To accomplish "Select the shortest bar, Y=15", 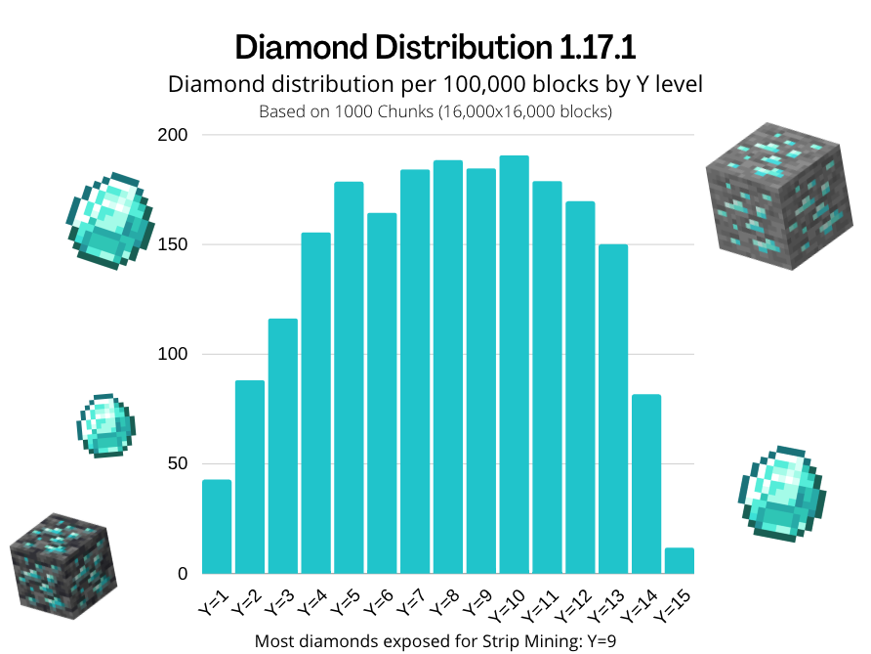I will [679, 561].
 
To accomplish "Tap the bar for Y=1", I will [217, 527].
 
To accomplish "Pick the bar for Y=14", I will [646, 484].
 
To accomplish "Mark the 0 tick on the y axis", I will [182, 574].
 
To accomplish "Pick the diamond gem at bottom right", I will [782, 493].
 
